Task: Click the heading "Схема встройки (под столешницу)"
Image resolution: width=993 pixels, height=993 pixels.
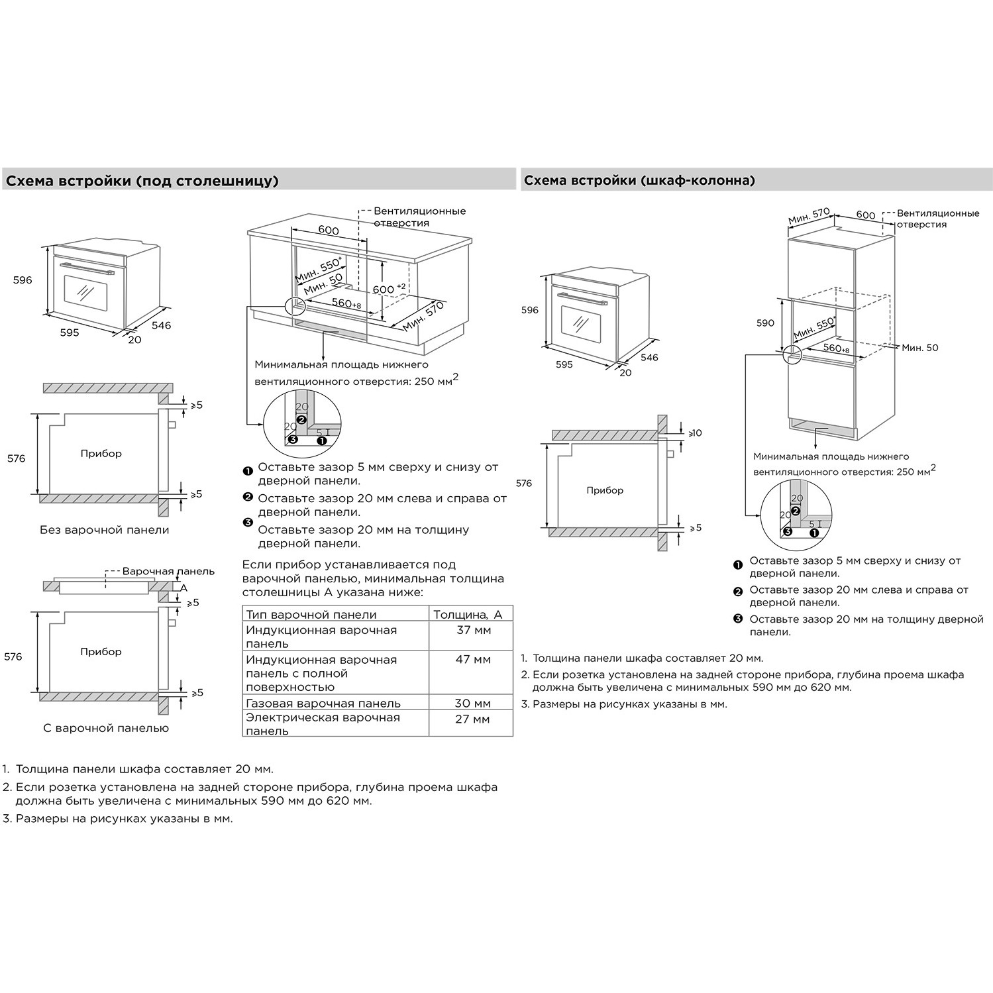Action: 142,181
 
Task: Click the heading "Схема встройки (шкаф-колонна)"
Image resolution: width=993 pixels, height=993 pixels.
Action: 639,180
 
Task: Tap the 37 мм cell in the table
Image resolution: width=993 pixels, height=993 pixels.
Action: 474,630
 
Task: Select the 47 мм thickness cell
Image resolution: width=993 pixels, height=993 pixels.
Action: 473,660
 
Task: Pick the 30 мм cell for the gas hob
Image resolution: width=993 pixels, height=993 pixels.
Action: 473,704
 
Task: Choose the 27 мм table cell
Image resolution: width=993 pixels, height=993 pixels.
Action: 473,719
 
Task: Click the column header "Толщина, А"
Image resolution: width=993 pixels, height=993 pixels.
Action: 468,615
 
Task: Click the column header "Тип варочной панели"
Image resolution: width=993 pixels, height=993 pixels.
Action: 311,615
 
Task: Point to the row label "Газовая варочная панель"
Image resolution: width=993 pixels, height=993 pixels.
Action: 323,704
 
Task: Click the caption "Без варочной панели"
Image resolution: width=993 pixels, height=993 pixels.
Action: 105,530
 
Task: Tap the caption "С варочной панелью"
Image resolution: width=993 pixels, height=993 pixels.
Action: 106,728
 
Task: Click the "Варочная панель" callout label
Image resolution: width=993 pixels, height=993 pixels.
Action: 168,571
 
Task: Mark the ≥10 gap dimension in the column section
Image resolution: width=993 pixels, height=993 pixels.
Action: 695,433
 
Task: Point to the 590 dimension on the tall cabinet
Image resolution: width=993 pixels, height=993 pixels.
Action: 765,323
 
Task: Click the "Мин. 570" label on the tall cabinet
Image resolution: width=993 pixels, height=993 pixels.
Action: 809,217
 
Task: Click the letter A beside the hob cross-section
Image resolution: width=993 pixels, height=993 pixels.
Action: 184,588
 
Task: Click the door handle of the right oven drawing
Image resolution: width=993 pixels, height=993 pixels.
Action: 579,298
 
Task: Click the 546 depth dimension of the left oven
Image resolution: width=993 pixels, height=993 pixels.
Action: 161,325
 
